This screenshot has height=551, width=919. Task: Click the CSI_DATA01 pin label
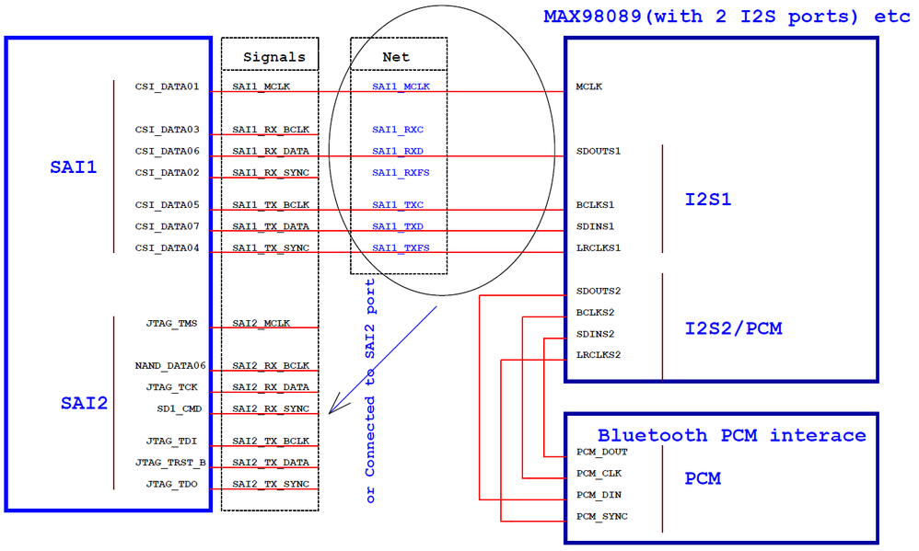click(x=167, y=87)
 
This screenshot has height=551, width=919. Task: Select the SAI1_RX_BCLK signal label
click(x=271, y=130)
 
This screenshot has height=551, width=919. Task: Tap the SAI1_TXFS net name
click(x=401, y=247)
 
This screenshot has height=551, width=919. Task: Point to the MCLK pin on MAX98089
click(x=589, y=87)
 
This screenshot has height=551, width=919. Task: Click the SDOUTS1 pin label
click(x=599, y=151)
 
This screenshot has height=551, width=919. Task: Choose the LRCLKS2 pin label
click(x=599, y=355)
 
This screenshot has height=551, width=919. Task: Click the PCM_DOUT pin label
click(x=601, y=452)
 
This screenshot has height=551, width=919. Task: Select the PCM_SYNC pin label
click(x=601, y=516)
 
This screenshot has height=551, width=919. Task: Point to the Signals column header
click(x=273, y=57)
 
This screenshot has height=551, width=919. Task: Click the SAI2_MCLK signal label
click(x=261, y=324)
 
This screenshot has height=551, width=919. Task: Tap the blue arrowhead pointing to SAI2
click(x=335, y=406)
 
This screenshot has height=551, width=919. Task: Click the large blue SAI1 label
click(x=74, y=168)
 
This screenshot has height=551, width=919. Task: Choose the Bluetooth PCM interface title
click(x=731, y=435)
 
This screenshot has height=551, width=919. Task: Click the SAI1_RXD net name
click(x=398, y=151)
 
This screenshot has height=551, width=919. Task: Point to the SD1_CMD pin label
click(x=178, y=408)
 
